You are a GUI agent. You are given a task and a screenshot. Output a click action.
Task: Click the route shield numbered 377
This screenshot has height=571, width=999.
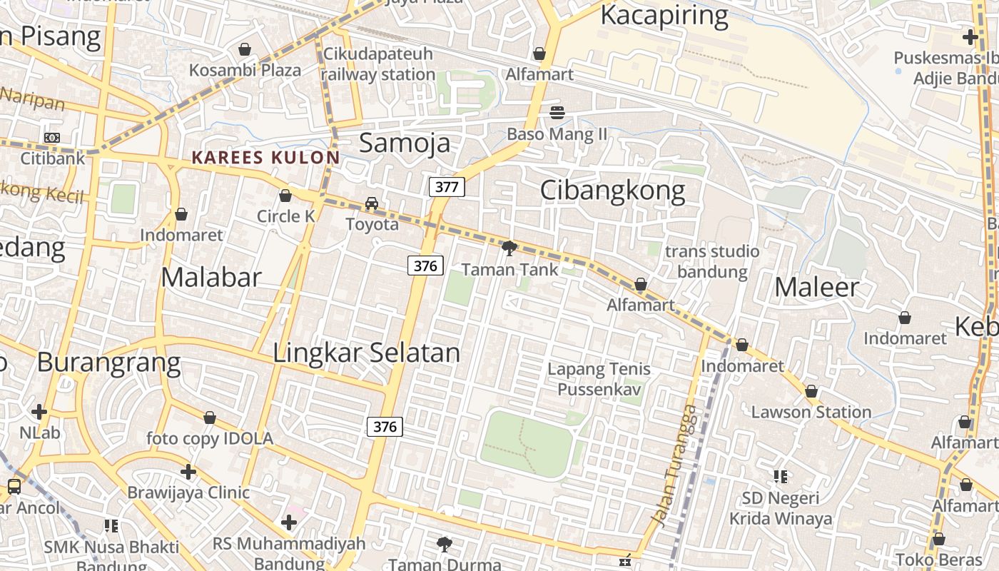coord(447,188)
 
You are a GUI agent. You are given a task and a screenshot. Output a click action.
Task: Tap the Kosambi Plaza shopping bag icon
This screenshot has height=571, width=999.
coord(245,50)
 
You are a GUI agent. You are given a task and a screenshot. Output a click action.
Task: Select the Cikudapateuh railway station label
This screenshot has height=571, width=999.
coord(378,64)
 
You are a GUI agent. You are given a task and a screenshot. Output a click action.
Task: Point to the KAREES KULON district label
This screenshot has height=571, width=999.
coord(265,158)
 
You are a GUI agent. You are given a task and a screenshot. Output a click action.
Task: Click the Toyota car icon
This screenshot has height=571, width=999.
coord(372,203)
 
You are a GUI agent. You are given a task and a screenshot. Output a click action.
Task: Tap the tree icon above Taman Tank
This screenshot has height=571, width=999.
coord(509,248)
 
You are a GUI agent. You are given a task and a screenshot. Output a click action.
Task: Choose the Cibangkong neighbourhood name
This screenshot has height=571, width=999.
coord(612,191)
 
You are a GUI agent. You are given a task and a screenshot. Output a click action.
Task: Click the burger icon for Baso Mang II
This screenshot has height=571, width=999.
coord(557,113)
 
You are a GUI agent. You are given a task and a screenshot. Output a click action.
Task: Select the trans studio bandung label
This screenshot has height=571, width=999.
coord(712,261)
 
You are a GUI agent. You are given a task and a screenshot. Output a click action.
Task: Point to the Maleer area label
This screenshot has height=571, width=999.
coord(816,287)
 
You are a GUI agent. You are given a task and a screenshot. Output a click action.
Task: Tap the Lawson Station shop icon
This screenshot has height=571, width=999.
coord(811,391)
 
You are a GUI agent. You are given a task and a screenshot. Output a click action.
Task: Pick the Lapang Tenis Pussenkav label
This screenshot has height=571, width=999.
coord(599,379)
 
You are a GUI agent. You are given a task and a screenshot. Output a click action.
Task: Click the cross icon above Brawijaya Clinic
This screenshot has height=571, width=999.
coord(188,472)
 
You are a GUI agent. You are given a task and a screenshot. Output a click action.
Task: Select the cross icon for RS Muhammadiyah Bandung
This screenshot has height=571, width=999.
coord(289,522)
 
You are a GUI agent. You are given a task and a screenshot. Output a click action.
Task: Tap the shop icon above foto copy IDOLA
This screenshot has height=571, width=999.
coord(210,418)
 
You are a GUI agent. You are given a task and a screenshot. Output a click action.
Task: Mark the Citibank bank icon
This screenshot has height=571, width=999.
coord(52,138)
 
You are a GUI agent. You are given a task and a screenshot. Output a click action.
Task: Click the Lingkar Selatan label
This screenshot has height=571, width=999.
coord(367,353)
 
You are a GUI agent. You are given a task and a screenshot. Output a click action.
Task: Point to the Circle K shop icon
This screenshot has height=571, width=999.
coord(285,196)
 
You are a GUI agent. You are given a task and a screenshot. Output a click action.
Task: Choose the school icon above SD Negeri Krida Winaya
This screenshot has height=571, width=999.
coord(781,476)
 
